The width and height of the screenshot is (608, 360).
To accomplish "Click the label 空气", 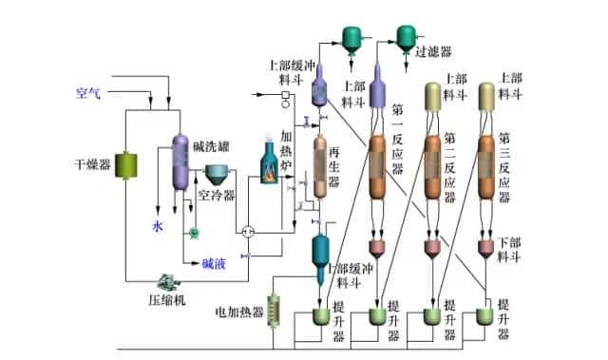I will [88, 93].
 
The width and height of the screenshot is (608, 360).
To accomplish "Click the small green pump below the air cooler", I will [194, 231].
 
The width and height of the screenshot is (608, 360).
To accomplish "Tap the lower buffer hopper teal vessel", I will [321, 251].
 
